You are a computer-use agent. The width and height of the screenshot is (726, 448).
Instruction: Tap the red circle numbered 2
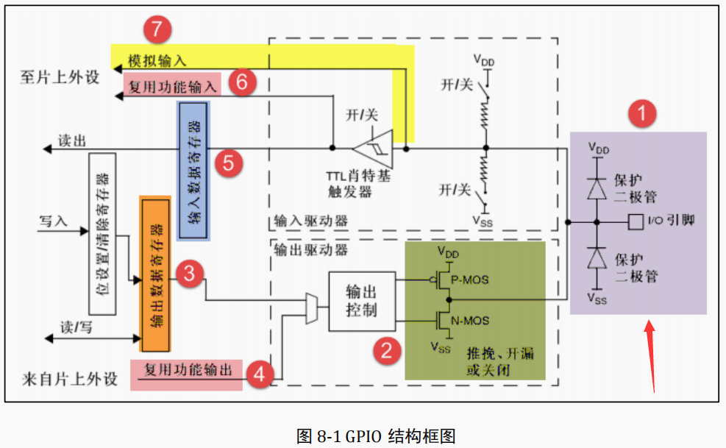[385, 350]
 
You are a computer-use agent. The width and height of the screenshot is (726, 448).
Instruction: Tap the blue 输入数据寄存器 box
[193, 171]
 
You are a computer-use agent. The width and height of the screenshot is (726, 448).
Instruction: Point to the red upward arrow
[651, 354]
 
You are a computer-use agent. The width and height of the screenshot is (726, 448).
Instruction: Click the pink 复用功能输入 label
[172, 87]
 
